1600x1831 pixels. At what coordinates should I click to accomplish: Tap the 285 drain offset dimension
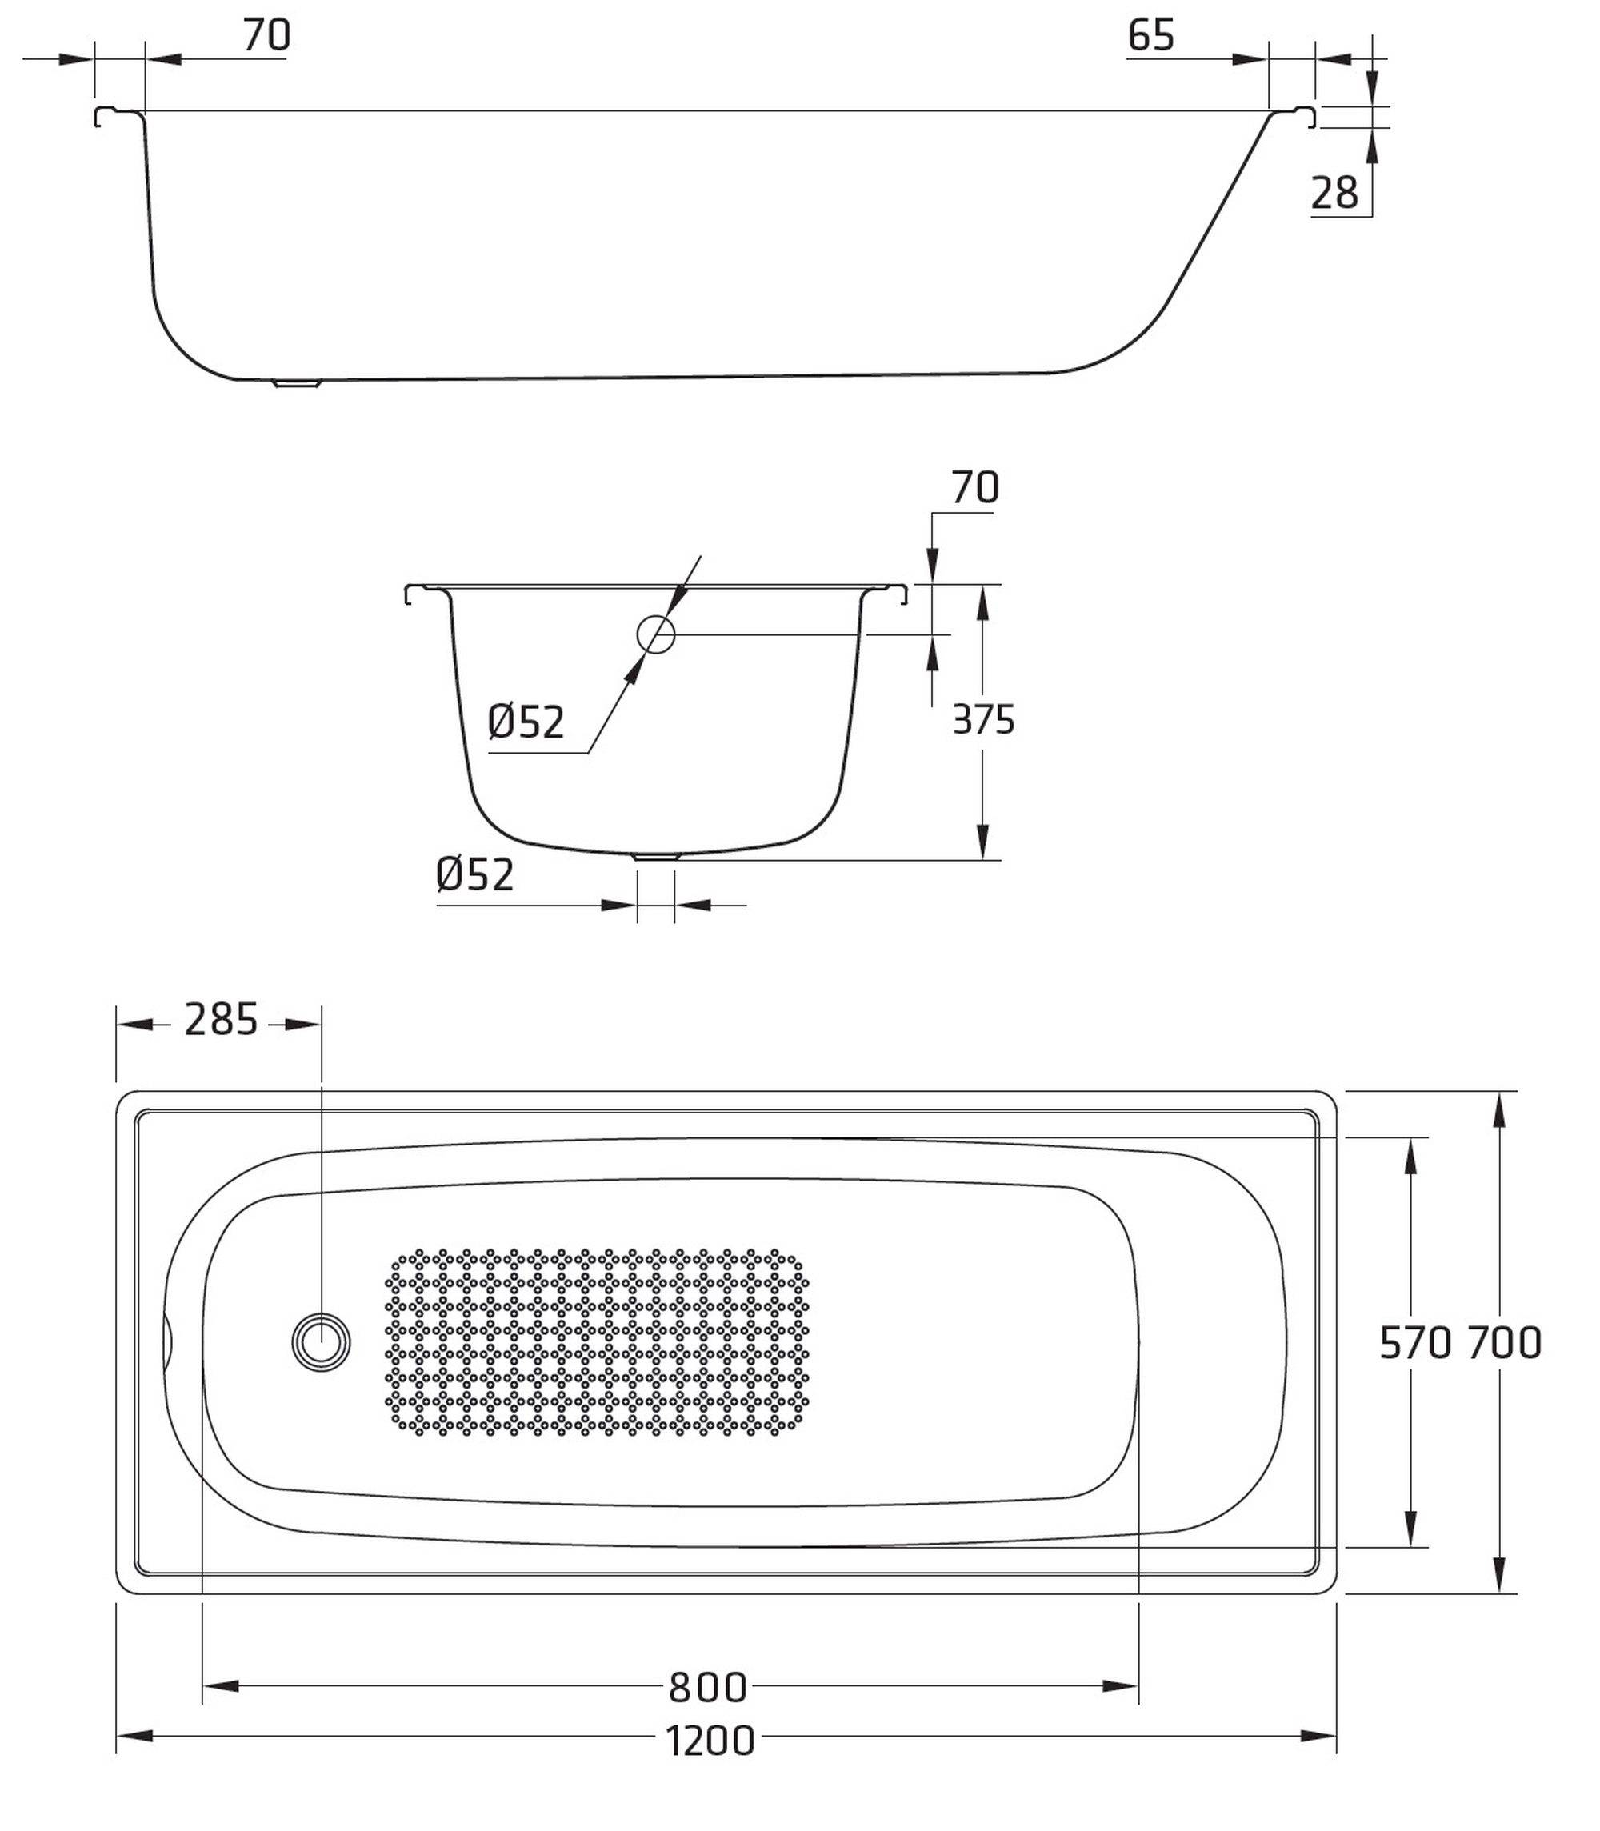click(x=221, y=1020)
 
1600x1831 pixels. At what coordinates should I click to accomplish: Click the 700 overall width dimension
click(x=1506, y=1343)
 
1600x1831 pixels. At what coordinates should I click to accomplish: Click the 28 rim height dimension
click(x=1335, y=193)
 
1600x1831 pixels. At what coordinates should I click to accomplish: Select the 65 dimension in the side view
click(x=1151, y=36)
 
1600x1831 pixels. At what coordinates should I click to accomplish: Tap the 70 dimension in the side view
click(x=267, y=36)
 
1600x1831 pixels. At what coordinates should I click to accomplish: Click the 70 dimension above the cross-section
click(x=975, y=487)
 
